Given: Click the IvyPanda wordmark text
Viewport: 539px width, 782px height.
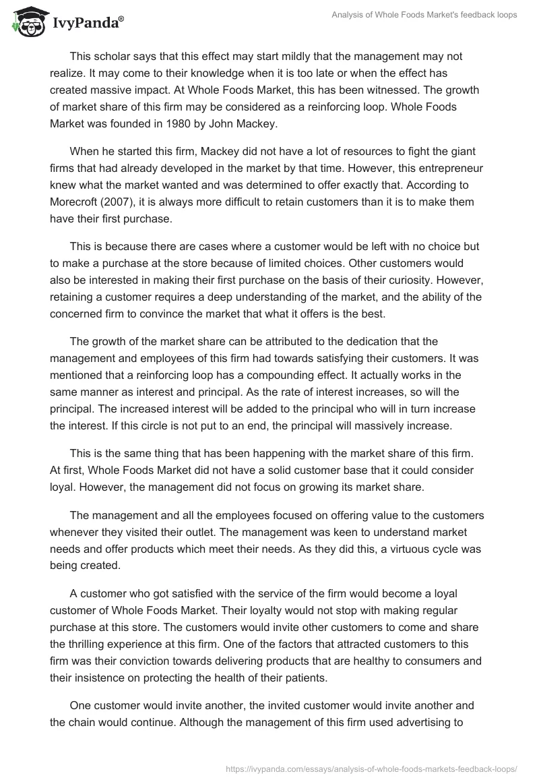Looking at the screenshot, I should (x=86, y=24).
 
